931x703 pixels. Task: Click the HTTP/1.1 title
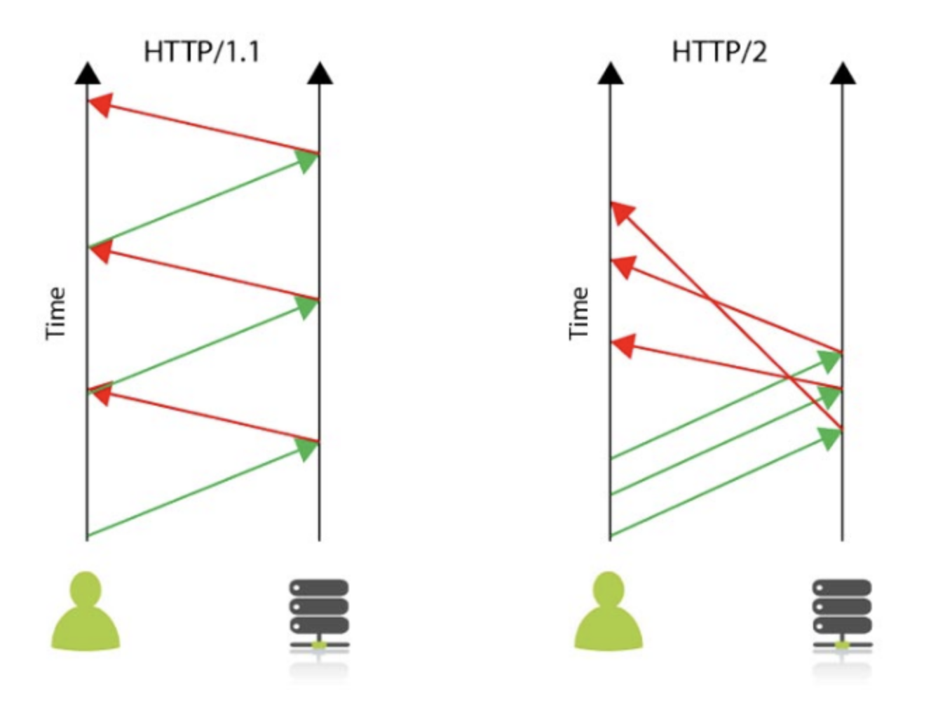(201, 53)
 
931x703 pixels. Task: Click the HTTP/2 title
(719, 53)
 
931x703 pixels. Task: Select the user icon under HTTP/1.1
(86, 612)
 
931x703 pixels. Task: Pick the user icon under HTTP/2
(609, 612)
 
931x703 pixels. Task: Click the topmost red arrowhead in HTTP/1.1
(100, 105)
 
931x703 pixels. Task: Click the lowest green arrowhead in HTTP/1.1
(307, 448)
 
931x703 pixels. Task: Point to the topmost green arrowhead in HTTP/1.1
(307, 161)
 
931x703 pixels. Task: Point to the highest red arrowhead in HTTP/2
(622, 212)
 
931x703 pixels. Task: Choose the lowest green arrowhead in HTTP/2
(829, 438)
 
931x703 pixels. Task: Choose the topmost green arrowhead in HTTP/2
(829, 361)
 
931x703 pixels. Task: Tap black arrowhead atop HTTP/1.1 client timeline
(87, 72)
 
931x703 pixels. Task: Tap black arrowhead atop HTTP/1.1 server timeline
(320, 72)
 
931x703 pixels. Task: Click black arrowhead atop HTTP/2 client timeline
(611, 72)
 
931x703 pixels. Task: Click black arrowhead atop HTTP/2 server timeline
(843, 72)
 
